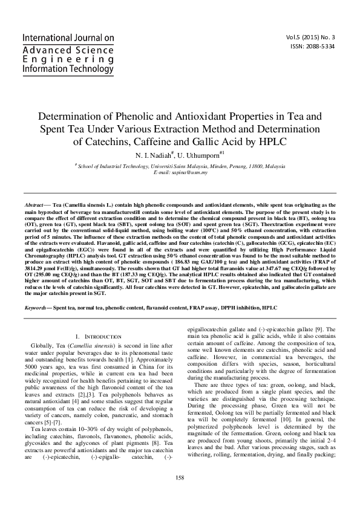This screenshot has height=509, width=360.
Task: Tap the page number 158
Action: pos(180,494)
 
